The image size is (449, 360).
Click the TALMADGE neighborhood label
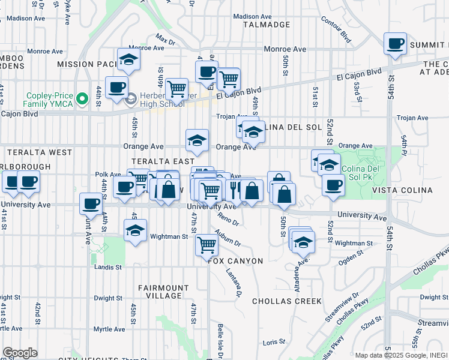coord(267,25)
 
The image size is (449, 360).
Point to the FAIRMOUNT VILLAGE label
coord(160,292)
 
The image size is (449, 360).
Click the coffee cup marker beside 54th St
coord(396,44)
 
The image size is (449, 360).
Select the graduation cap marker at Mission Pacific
coord(128,59)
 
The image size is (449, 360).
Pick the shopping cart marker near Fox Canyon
coord(206,245)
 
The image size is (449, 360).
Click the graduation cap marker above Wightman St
coord(136,230)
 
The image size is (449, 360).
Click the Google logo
coord(20,353)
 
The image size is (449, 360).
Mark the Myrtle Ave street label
coord(109,329)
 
